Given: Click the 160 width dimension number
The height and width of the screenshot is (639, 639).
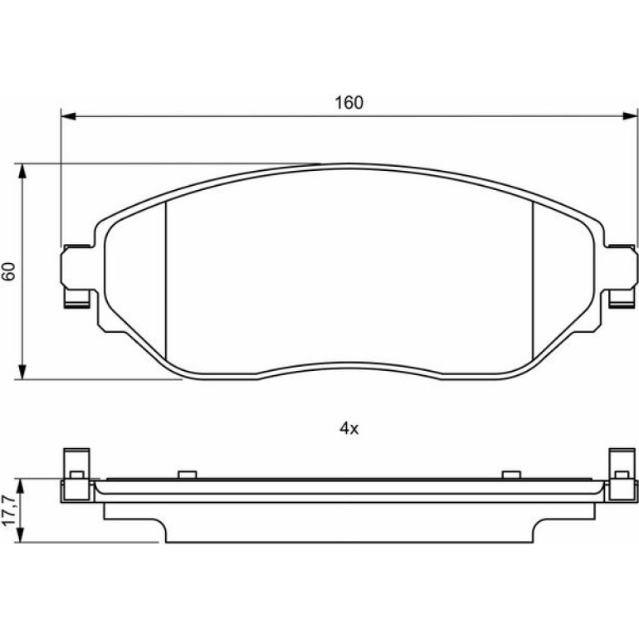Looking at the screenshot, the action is (x=349, y=103).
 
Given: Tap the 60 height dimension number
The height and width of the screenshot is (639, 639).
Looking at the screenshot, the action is (x=9, y=271).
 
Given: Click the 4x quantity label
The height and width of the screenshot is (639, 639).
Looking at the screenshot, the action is (x=349, y=428).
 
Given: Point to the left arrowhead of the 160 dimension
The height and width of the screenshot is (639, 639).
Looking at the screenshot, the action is (x=68, y=116).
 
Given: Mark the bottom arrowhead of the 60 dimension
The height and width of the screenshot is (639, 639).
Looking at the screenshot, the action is (x=22, y=372).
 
